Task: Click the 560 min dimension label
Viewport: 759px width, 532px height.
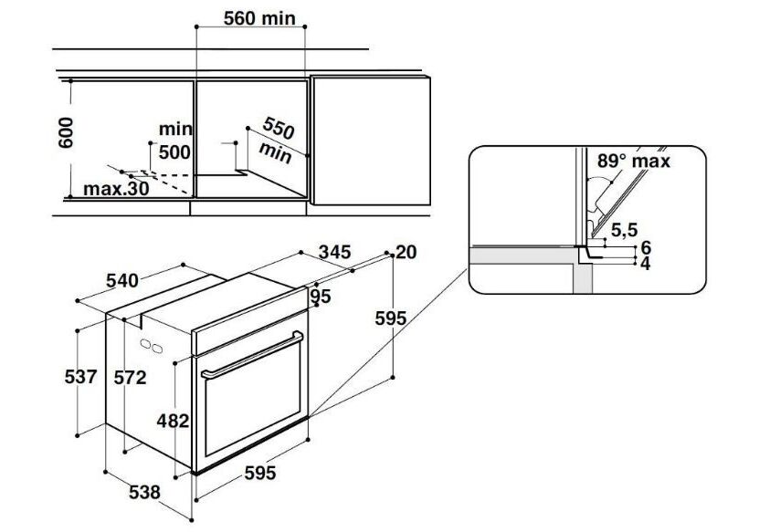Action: (259, 18)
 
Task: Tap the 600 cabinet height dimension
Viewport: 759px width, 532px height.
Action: (66, 132)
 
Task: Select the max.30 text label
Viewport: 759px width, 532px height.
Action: (116, 189)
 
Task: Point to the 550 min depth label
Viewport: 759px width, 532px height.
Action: (277, 141)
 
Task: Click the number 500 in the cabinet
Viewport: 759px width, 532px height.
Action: (174, 152)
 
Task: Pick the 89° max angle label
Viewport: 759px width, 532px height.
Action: (634, 161)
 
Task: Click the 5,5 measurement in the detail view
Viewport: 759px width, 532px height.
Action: (625, 230)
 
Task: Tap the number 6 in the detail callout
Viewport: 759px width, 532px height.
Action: (646, 247)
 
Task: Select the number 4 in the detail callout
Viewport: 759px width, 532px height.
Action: (646, 264)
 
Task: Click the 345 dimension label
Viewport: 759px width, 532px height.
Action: (334, 252)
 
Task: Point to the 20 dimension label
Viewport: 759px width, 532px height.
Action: (406, 252)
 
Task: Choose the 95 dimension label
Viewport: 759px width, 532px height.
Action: (320, 296)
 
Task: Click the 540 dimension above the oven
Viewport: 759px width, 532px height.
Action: (122, 280)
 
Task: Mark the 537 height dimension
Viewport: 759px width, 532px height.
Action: (81, 377)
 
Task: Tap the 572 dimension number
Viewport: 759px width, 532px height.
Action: (131, 377)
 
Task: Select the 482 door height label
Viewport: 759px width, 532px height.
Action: (173, 422)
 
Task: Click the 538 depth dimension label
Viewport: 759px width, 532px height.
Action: (144, 493)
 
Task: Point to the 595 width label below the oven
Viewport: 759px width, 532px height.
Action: (260, 473)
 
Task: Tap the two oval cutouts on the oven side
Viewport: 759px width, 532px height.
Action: (151, 346)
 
